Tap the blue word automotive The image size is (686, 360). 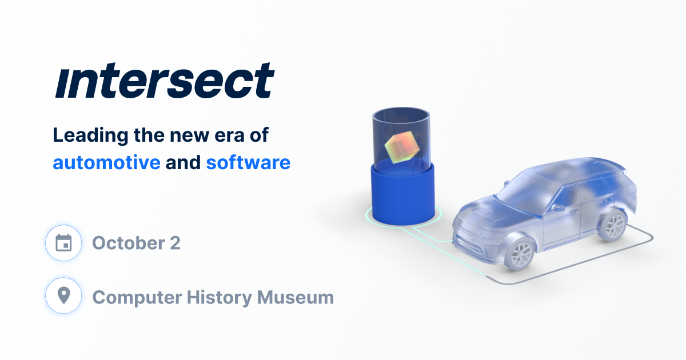point(106,163)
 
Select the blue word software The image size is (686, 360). point(248,163)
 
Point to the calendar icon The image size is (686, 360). point(63,243)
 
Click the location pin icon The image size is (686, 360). point(63,296)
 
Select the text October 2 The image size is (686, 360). point(136,243)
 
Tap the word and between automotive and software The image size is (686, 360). point(183,163)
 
